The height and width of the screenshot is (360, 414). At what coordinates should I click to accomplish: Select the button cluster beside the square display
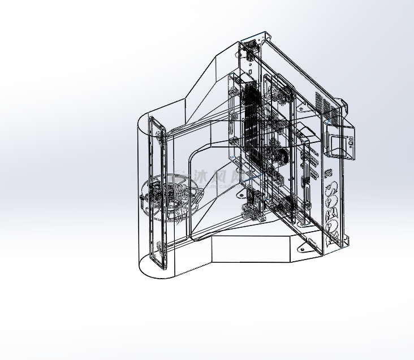click(x=352, y=142)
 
